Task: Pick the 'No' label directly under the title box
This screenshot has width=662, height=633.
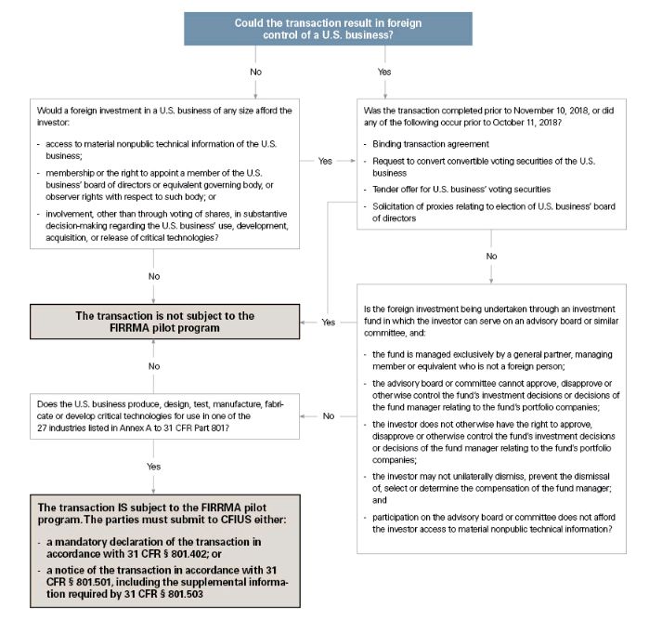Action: click(x=256, y=71)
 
